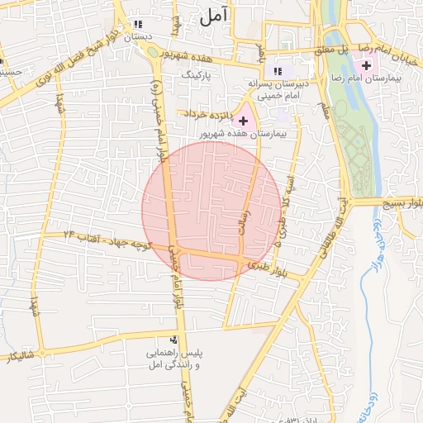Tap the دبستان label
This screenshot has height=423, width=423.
[138, 37]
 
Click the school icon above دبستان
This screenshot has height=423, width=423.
[138, 25]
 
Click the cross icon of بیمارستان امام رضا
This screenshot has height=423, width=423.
[366, 64]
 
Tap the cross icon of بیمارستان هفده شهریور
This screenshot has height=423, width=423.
[243, 121]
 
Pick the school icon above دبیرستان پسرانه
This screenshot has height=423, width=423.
[278, 71]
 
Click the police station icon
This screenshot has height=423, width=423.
[173, 340]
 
